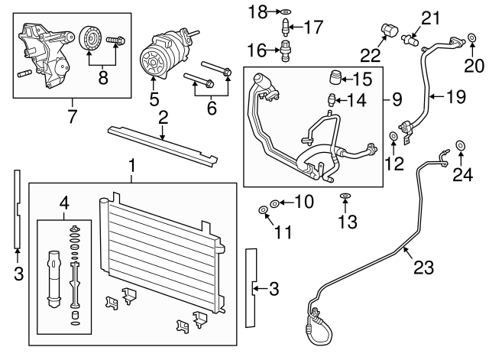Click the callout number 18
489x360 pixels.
(260, 11)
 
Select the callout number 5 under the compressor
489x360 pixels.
(154, 99)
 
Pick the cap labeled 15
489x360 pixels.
(334, 78)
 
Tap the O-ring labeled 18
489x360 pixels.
(284, 11)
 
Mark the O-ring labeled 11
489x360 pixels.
(263, 209)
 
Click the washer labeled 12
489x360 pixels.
(393, 137)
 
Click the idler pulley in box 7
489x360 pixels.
(89, 37)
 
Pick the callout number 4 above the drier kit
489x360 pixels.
(65, 203)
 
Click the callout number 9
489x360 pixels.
(397, 99)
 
